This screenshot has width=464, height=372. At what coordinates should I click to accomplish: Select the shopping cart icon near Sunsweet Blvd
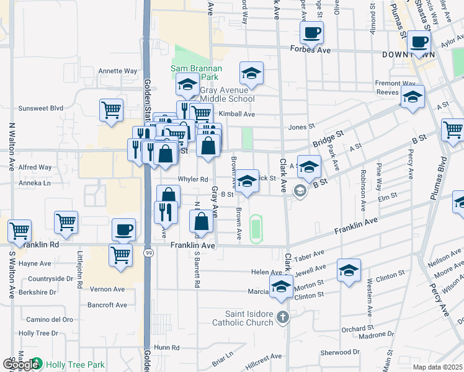point(111,111)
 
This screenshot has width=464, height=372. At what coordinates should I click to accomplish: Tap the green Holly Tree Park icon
point(37,364)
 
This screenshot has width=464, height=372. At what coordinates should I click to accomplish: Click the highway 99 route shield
point(148,254)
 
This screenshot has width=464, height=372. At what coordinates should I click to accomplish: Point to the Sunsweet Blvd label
point(41,108)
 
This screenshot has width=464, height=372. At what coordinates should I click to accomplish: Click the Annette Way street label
point(117,71)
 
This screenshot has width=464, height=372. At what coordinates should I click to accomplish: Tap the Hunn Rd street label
point(167,348)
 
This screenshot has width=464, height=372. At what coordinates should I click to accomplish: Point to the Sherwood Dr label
point(341,353)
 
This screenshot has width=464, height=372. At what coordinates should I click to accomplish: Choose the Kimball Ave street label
point(237,115)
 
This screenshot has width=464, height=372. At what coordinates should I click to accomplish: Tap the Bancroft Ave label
point(107,305)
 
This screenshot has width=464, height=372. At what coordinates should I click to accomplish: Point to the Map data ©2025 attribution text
point(438,367)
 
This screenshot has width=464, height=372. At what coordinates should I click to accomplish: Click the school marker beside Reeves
point(413,97)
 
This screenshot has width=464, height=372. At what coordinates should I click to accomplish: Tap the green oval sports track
point(254,228)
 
